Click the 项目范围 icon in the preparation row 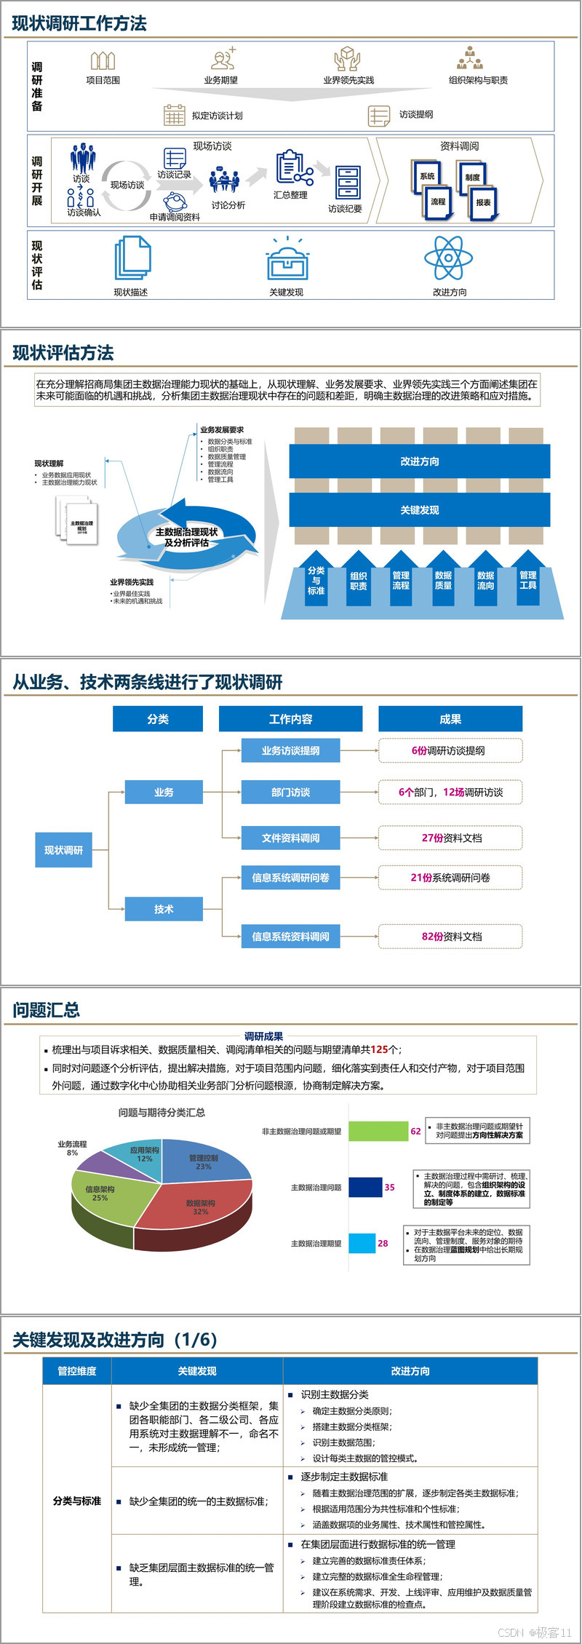pos(103,60)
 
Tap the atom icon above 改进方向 pos(449,258)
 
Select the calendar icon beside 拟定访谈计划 pos(175,115)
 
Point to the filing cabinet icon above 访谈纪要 pos(348,182)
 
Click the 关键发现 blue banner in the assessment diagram pos(419,510)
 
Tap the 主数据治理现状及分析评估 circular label pos(186,537)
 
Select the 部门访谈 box pos(290,792)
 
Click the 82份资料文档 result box pos(450,936)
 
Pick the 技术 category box pos(164,909)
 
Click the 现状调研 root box pos(63,850)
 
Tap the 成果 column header pos(450,719)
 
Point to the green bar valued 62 pos(378,1131)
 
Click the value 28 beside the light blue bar pos(383,1243)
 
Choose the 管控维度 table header pos(77,1371)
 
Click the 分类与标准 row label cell pos(77,1501)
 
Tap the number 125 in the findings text pos(379,1049)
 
